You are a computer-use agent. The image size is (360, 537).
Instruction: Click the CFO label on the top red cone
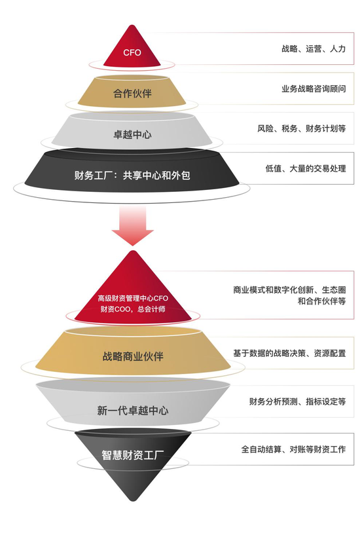pyautogui.click(x=132, y=52)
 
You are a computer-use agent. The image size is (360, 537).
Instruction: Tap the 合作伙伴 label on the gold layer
pyautogui.click(x=132, y=94)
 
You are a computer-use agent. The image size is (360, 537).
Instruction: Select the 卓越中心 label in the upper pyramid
pyautogui.click(x=132, y=134)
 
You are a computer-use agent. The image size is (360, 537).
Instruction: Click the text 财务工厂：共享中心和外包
pyautogui.click(x=132, y=176)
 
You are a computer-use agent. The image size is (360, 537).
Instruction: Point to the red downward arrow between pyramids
pyautogui.click(x=133, y=226)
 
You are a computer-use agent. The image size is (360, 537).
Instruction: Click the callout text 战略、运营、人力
pyautogui.click(x=314, y=48)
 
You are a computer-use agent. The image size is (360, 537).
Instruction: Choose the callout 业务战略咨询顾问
pyautogui.click(x=314, y=88)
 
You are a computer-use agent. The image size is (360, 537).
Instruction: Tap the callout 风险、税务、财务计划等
pyautogui.click(x=302, y=128)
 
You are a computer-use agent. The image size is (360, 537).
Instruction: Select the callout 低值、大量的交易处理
pyautogui.click(x=306, y=168)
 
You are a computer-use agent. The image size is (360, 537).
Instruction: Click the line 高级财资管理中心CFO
pyautogui.click(x=133, y=298)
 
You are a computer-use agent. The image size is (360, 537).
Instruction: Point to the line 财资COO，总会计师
pyautogui.click(x=133, y=309)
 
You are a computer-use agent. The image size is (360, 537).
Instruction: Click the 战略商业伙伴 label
pyautogui.click(x=133, y=356)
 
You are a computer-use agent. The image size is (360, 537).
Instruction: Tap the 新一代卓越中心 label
pyautogui.click(x=133, y=411)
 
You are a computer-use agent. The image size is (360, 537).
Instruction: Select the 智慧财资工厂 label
pyautogui.click(x=133, y=455)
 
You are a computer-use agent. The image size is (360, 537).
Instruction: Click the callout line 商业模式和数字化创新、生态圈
pyautogui.click(x=289, y=289)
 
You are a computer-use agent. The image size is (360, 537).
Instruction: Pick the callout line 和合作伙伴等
pyautogui.click(x=321, y=301)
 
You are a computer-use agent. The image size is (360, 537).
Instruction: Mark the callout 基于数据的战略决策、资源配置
pyautogui.click(x=289, y=353)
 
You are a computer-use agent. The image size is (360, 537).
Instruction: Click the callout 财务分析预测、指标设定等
pyautogui.click(x=297, y=401)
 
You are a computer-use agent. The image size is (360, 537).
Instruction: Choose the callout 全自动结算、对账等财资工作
pyautogui.click(x=293, y=449)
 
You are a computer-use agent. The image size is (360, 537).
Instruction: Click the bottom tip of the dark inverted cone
pyautogui.click(x=133, y=501)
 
